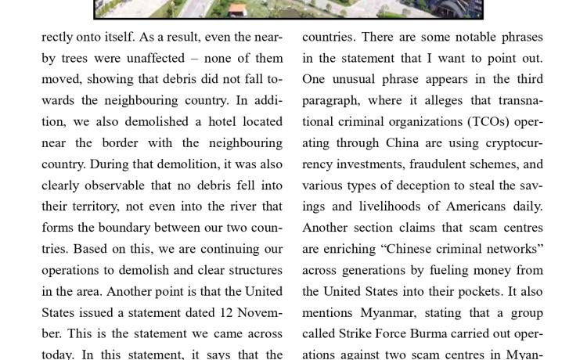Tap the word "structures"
pyautogui.click(x=250, y=270)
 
